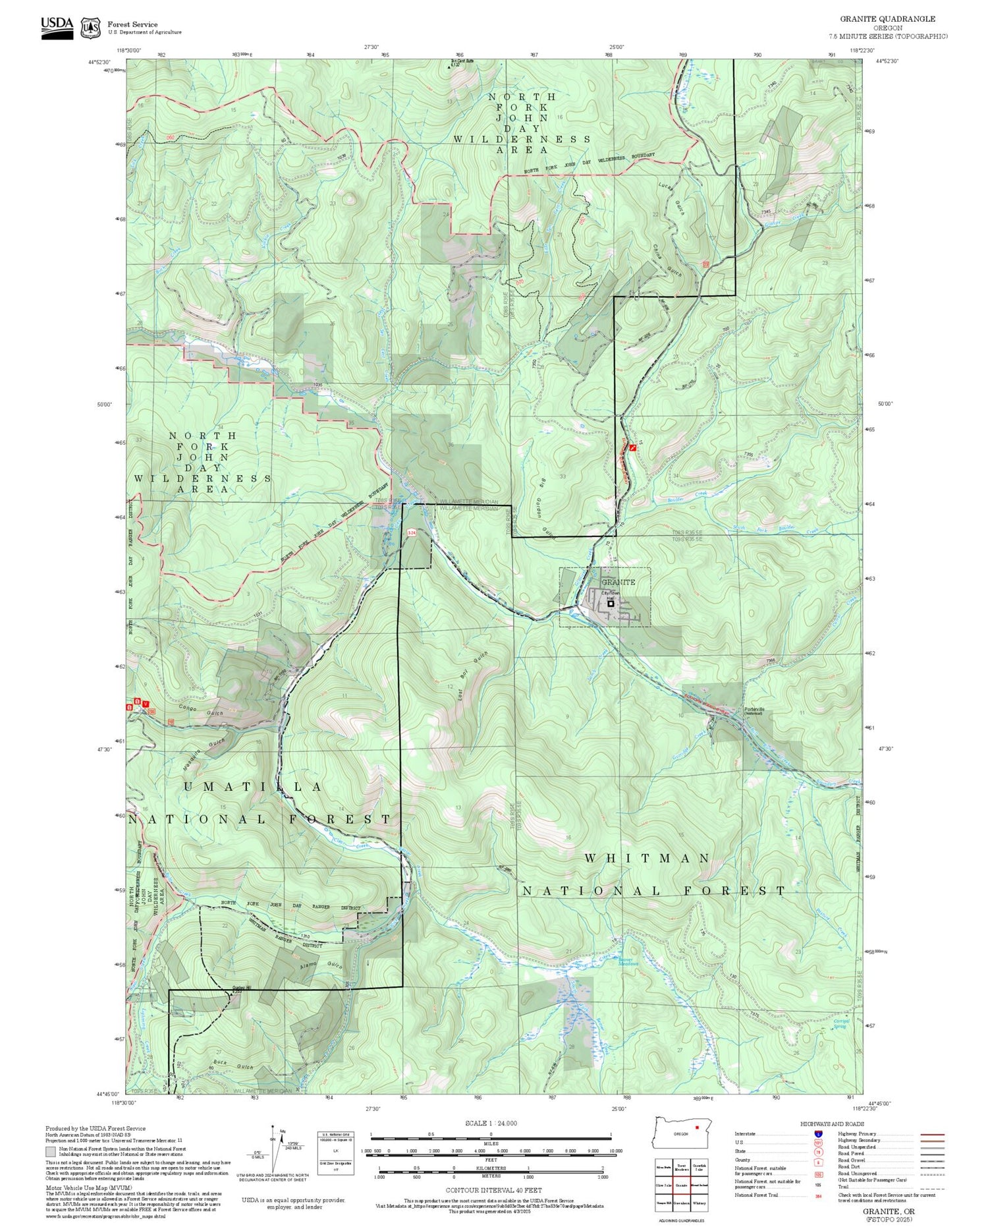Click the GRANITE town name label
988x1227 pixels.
pyautogui.click(x=618, y=582)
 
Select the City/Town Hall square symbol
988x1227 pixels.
pyautogui.click(x=611, y=603)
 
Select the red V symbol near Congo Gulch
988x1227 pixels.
pyautogui.click(x=146, y=704)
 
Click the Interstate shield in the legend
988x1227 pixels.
pyautogui.click(x=817, y=1133)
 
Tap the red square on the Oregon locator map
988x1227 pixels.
pyautogui.click(x=696, y=1127)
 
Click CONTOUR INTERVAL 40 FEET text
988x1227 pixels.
pyautogui.click(x=493, y=1190)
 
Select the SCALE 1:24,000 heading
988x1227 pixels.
pyautogui.click(x=491, y=1123)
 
